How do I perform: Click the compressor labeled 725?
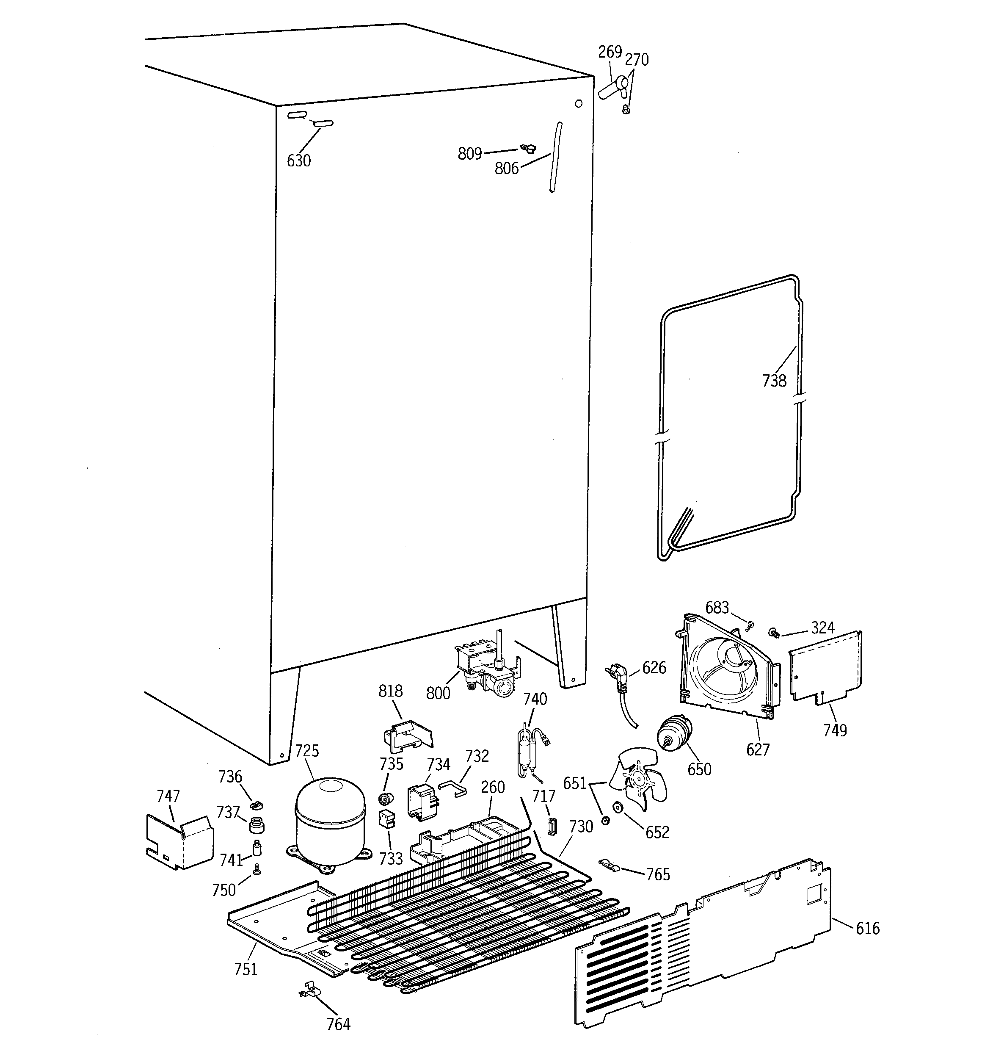tap(331, 823)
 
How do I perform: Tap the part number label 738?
tap(774, 381)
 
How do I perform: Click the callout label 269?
tap(610, 52)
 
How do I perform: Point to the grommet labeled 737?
tap(256, 824)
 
